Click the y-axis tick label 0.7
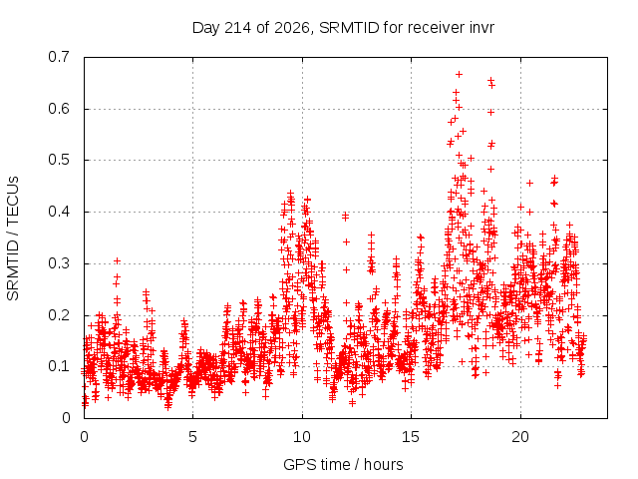[x=59, y=57]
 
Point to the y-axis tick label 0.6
[x=59, y=109]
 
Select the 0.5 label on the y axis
[x=59, y=160]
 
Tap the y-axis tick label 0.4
[x=59, y=212]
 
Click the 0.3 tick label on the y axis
[x=59, y=263]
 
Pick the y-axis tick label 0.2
[x=59, y=315]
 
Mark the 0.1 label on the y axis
[x=59, y=366]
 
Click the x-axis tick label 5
[x=192, y=437]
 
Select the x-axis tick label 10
[x=302, y=437]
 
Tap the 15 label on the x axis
[x=411, y=437]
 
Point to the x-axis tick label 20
[x=520, y=437]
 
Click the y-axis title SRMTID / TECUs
[x=13, y=239]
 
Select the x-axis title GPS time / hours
[x=343, y=465]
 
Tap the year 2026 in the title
[x=292, y=28]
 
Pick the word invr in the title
[x=481, y=28]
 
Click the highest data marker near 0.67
[x=459, y=74]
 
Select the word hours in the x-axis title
[x=383, y=465]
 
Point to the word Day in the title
[x=206, y=28]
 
